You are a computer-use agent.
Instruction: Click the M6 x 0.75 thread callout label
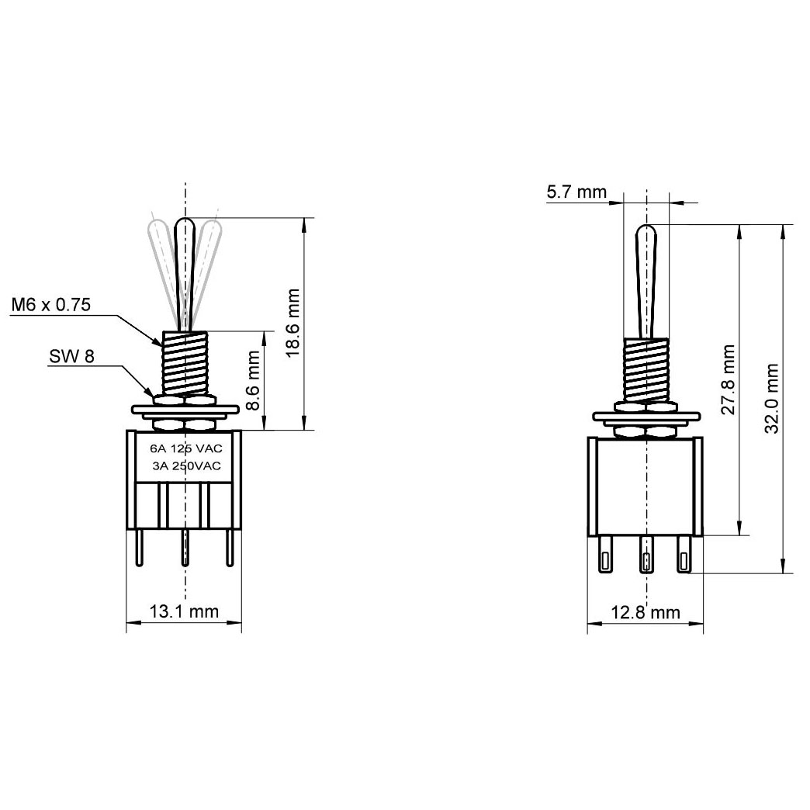click(x=51, y=305)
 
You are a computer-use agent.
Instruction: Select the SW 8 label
click(x=71, y=357)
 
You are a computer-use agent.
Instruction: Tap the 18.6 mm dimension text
click(x=292, y=323)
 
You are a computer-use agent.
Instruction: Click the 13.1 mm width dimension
click(x=184, y=612)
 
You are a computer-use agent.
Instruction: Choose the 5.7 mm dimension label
click(x=576, y=192)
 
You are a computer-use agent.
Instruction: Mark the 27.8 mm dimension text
click(x=729, y=380)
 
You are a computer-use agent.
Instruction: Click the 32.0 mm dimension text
click(x=771, y=399)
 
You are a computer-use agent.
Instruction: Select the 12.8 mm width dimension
click(x=646, y=613)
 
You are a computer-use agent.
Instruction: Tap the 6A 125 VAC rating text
click(x=185, y=449)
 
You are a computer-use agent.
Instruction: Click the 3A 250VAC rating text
click(x=186, y=466)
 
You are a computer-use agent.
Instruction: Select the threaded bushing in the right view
click(x=646, y=370)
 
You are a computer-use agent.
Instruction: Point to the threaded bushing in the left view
click(x=185, y=362)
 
